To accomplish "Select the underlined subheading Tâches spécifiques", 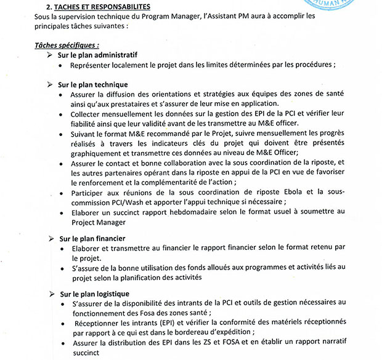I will [x=67, y=45].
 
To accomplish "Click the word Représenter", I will [x=94, y=65].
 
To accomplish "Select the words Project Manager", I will [x=99, y=222].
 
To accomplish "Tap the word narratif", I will [x=351, y=343].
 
